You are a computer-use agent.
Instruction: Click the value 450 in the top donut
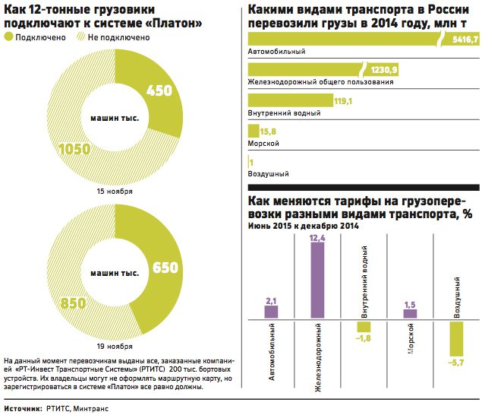[159, 90]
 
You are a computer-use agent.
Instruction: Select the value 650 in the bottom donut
[165, 268]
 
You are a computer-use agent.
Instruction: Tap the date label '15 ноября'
[115, 192]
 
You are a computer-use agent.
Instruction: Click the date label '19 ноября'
[115, 335]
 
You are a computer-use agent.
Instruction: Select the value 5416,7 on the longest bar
[464, 40]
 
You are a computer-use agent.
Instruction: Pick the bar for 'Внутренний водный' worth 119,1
[291, 100]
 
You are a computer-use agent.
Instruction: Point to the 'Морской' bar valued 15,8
[254, 130]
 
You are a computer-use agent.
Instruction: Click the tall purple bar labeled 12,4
[317, 280]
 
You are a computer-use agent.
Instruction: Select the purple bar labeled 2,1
[271, 312]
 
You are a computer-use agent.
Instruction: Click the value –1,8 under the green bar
[364, 339]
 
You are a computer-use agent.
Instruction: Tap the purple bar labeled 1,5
[410, 313]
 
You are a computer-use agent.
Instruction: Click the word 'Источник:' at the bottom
[22, 407]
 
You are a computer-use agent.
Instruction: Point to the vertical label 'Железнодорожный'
[317, 357]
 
